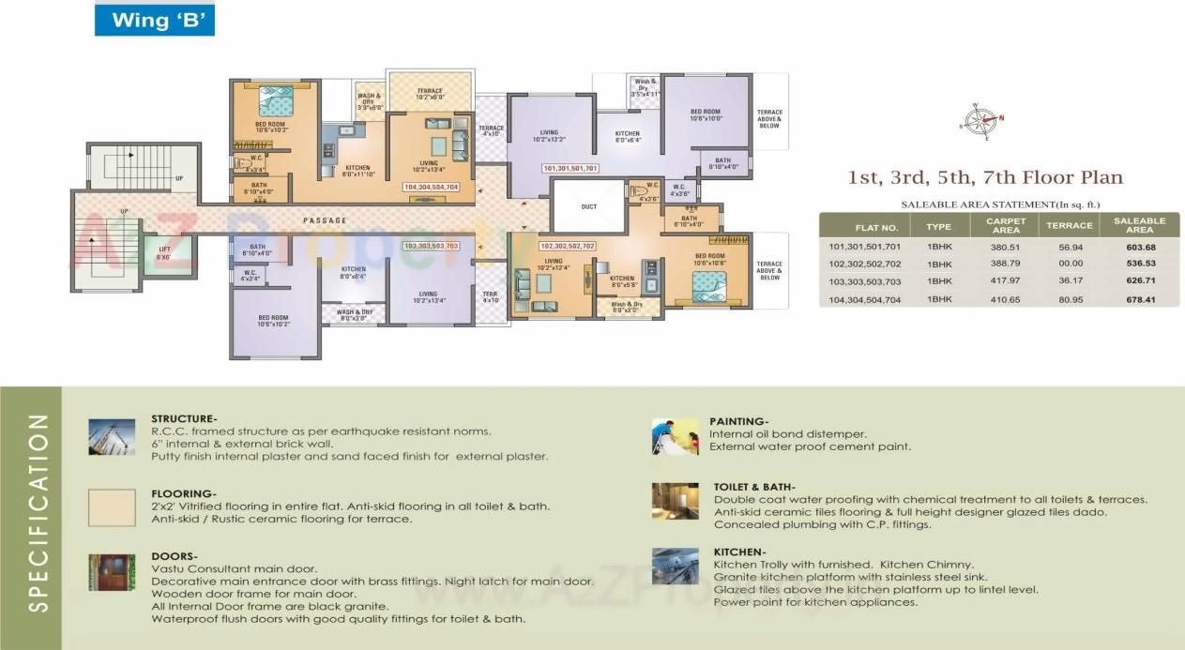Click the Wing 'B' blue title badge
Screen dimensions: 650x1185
(154, 20)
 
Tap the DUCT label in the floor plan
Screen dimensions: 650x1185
(588, 206)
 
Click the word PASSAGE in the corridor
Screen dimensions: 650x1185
(325, 220)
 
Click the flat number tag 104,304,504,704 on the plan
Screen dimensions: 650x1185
(431, 188)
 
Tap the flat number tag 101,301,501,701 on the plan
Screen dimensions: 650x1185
(570, 169)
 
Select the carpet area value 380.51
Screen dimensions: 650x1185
(1006, 247)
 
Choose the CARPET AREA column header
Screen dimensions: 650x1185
(1006, 226)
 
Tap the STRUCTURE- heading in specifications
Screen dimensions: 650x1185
(184, 418)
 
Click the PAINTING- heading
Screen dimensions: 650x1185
(739, 422)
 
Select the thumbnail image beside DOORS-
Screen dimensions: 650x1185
(112, 571)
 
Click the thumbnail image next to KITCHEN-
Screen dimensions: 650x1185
(676, 566)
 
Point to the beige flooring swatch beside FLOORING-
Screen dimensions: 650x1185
(112, 506)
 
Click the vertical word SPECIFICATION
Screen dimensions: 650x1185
(38, 512)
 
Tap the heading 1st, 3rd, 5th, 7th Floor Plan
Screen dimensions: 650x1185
(985, 177)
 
